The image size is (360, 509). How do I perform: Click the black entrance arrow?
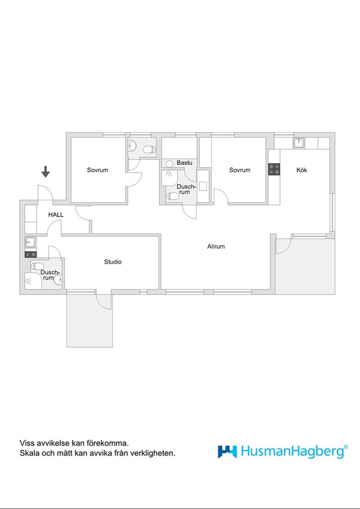(x=46, y=171)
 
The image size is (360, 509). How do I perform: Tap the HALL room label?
(x=56, y=215)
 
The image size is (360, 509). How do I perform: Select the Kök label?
(x=302, y=170)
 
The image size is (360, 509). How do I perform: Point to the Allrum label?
(x=216, y=246)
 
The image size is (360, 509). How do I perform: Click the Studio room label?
(x=113, y=261)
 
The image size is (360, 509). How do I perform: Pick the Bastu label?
(x=185, y=162)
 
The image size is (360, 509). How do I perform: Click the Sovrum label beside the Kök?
(x=240, y=170)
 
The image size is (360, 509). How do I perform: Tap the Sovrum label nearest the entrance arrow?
(x=97, y=170)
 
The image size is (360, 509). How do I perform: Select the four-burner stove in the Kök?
(x=274, y=169)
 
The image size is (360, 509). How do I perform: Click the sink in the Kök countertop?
(x=299, y=143)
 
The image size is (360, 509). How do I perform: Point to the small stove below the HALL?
(x=31, y=254)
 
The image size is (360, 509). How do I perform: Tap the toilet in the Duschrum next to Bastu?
(x=173, y=196)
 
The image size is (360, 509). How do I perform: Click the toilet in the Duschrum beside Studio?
(x=38, y=266)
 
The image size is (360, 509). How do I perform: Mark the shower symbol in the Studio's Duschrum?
(x=28, y=281)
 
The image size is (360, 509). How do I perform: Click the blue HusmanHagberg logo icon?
(x=227, y=451)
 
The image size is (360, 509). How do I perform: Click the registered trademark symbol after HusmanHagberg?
(x=346, y=447)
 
